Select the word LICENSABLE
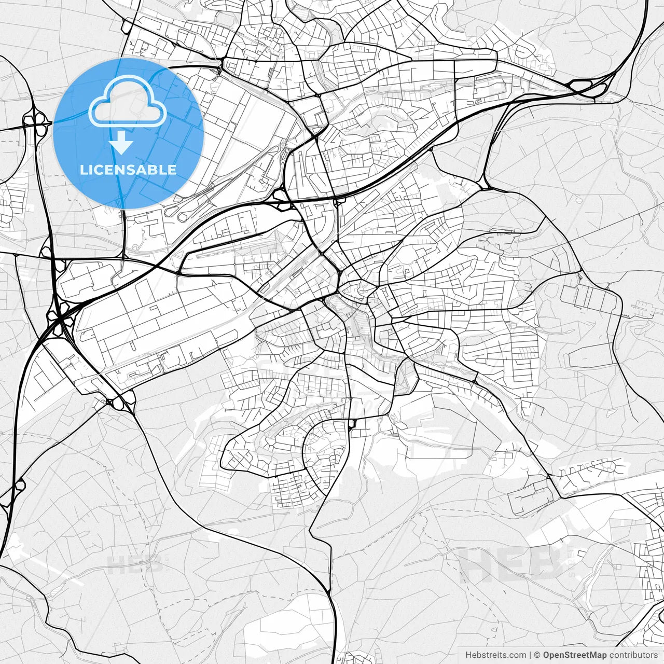click(128, 170)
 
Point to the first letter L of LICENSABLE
click(84, 170)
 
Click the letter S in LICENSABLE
click(135, 170)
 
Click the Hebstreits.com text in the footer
click(495, 655)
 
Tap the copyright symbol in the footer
click(537, 655)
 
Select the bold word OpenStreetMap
click(575, 655)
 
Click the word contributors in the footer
click(633, 655)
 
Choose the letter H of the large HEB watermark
click(477, 564)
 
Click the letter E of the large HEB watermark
click(511, 564)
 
